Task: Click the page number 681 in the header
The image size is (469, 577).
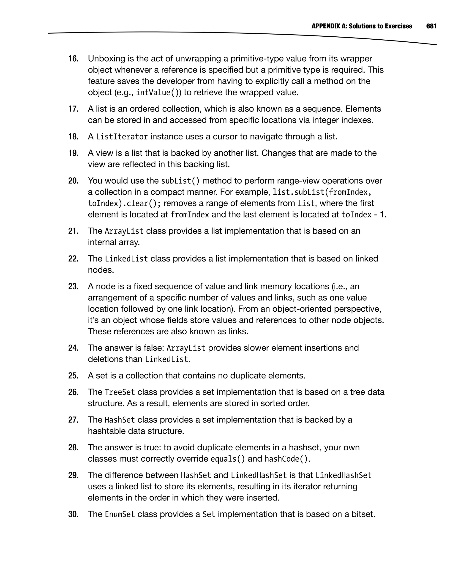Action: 431,26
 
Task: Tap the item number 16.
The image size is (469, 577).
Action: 73,59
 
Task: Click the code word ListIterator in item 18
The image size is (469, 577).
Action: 122,137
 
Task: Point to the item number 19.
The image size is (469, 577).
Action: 73,153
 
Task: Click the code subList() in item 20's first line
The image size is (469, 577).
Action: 180,181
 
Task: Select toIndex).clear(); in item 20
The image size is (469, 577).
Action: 124,203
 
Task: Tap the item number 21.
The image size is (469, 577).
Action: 73,231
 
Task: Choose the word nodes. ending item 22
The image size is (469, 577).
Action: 101,270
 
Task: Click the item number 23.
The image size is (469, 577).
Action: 73,287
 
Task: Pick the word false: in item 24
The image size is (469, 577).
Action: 153,348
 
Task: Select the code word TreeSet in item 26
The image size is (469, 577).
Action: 120,392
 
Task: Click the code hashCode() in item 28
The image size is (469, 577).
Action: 286,459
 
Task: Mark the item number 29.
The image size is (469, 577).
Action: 73,475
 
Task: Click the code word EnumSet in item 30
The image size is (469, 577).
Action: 120,514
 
